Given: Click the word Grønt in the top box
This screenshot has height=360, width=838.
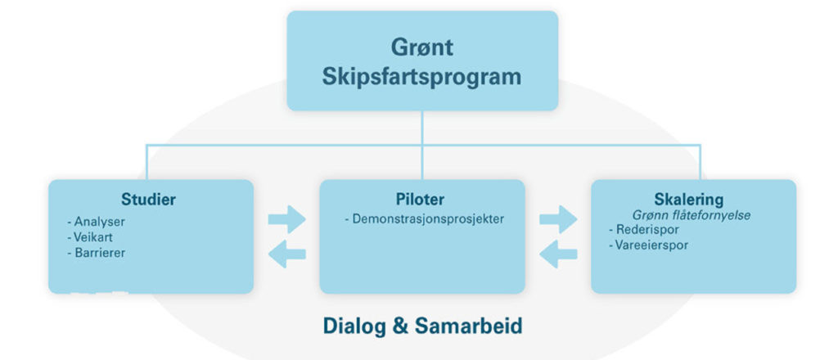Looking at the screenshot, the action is [422, 47].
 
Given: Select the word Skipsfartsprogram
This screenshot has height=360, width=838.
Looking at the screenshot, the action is [421, 77].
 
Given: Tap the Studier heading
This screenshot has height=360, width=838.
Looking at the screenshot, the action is [149, 200].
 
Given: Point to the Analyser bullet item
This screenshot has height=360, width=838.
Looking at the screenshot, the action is [97, 221].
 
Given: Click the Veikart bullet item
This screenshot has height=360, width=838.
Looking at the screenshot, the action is [90, 236].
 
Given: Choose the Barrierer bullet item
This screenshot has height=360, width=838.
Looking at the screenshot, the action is [97, 252].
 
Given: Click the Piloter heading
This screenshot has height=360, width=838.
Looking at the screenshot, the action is [420, 200].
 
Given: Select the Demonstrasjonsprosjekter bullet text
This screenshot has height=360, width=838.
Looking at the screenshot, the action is [425, 218].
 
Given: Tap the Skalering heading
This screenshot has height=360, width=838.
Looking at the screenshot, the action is [689, 200].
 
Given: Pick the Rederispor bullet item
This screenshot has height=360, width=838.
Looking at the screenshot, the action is [644, 230].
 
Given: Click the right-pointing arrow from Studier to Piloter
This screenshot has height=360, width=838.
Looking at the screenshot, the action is [287, 219].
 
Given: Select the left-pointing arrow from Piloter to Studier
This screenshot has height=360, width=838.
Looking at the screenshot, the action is [287, 254].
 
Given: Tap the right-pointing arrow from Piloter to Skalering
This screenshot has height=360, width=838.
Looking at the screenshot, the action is [558, 219].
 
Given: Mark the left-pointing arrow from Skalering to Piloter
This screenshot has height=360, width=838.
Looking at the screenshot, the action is [558, 254].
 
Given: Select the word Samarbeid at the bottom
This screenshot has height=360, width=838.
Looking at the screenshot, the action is [468, 326].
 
